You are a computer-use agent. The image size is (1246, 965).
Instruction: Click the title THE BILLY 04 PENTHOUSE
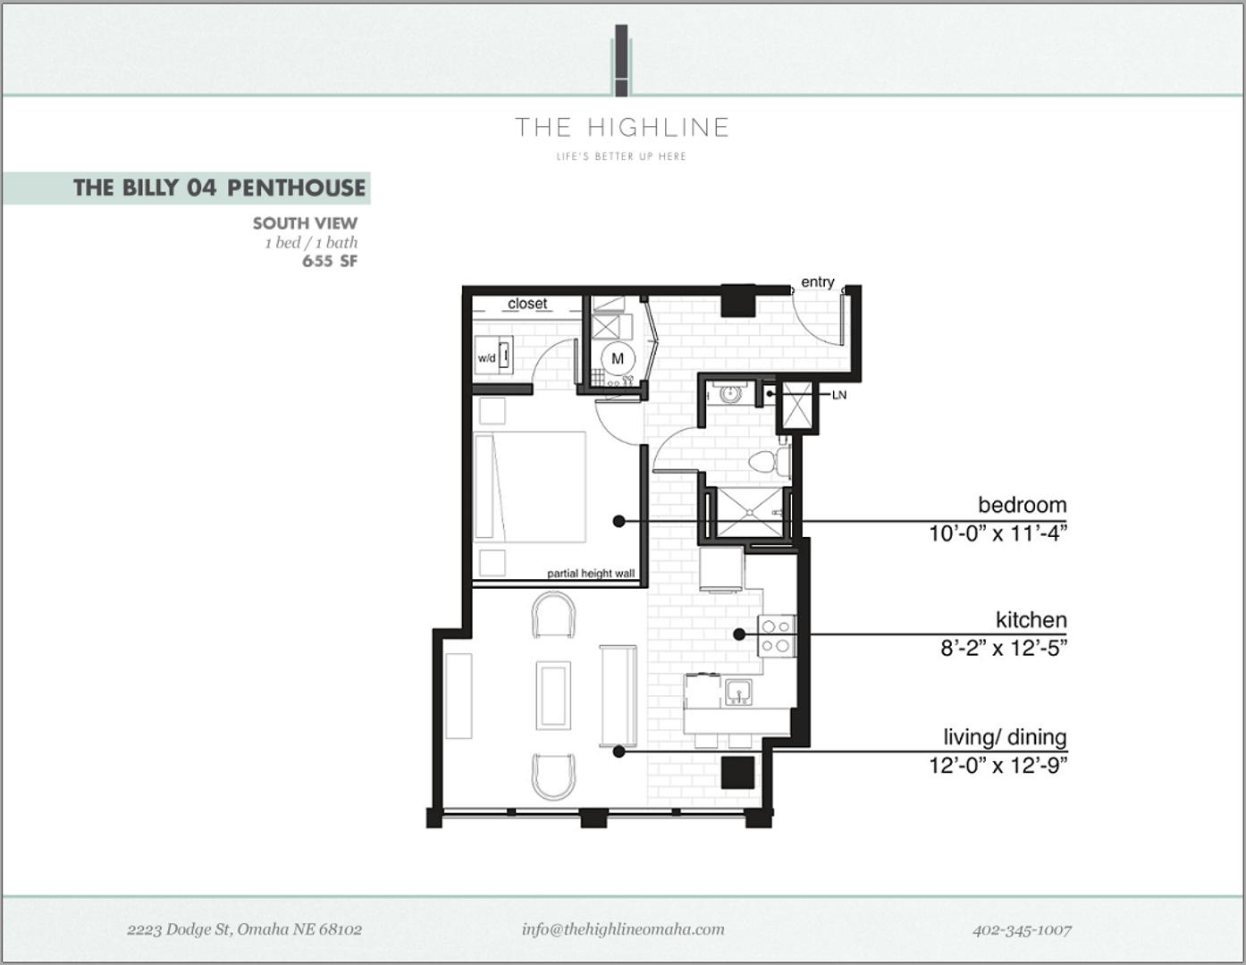click(x=219, y=188)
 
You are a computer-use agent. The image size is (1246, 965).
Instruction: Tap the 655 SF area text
click(x=329, y=261)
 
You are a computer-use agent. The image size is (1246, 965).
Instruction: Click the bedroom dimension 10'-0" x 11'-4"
click(x=998, y=533)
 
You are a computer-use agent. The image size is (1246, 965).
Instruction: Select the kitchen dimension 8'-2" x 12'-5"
click(x=1003, y=648)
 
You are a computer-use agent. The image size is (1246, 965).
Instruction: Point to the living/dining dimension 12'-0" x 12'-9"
click(x=998, y=765)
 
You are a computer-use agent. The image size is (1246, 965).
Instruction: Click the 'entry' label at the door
click(x=817, y=282)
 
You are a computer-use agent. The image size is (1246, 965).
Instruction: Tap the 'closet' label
click(x=527, y=304)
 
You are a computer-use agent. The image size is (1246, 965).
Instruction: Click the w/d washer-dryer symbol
click(x=493, y=356)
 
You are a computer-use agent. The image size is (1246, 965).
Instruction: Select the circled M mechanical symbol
click(x=617, y=358)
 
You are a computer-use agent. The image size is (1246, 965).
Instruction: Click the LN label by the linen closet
click(x=838, y=395)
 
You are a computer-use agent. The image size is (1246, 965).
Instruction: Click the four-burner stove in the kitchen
click(x=776, y=636)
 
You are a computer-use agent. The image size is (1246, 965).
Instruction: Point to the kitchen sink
click(x=738, y=691)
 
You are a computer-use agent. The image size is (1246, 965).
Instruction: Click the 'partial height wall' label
click(x=591, y=574)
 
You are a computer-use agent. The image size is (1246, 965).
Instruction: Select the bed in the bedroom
click(x=529, y=487)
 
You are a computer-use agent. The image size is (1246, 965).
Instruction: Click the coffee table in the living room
click(x=552, y=695)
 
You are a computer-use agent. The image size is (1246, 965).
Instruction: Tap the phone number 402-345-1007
click(x=1022, y=929)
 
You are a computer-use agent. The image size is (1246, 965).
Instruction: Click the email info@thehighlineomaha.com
click(x=623, y=929)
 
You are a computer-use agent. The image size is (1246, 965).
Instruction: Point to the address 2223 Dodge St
click(x=244, y=929)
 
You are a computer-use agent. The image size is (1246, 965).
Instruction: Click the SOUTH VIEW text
click(x=305, y=223)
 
